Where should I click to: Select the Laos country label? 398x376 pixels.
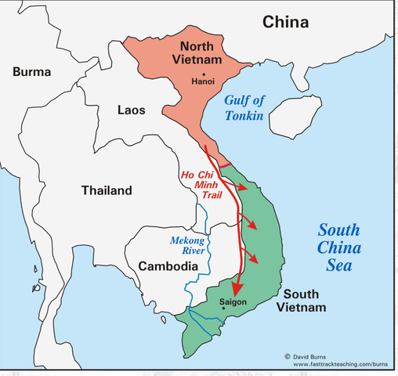point(130,110)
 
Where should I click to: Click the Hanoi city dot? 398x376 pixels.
point(203,72)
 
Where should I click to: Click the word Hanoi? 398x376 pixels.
point(205,81)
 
